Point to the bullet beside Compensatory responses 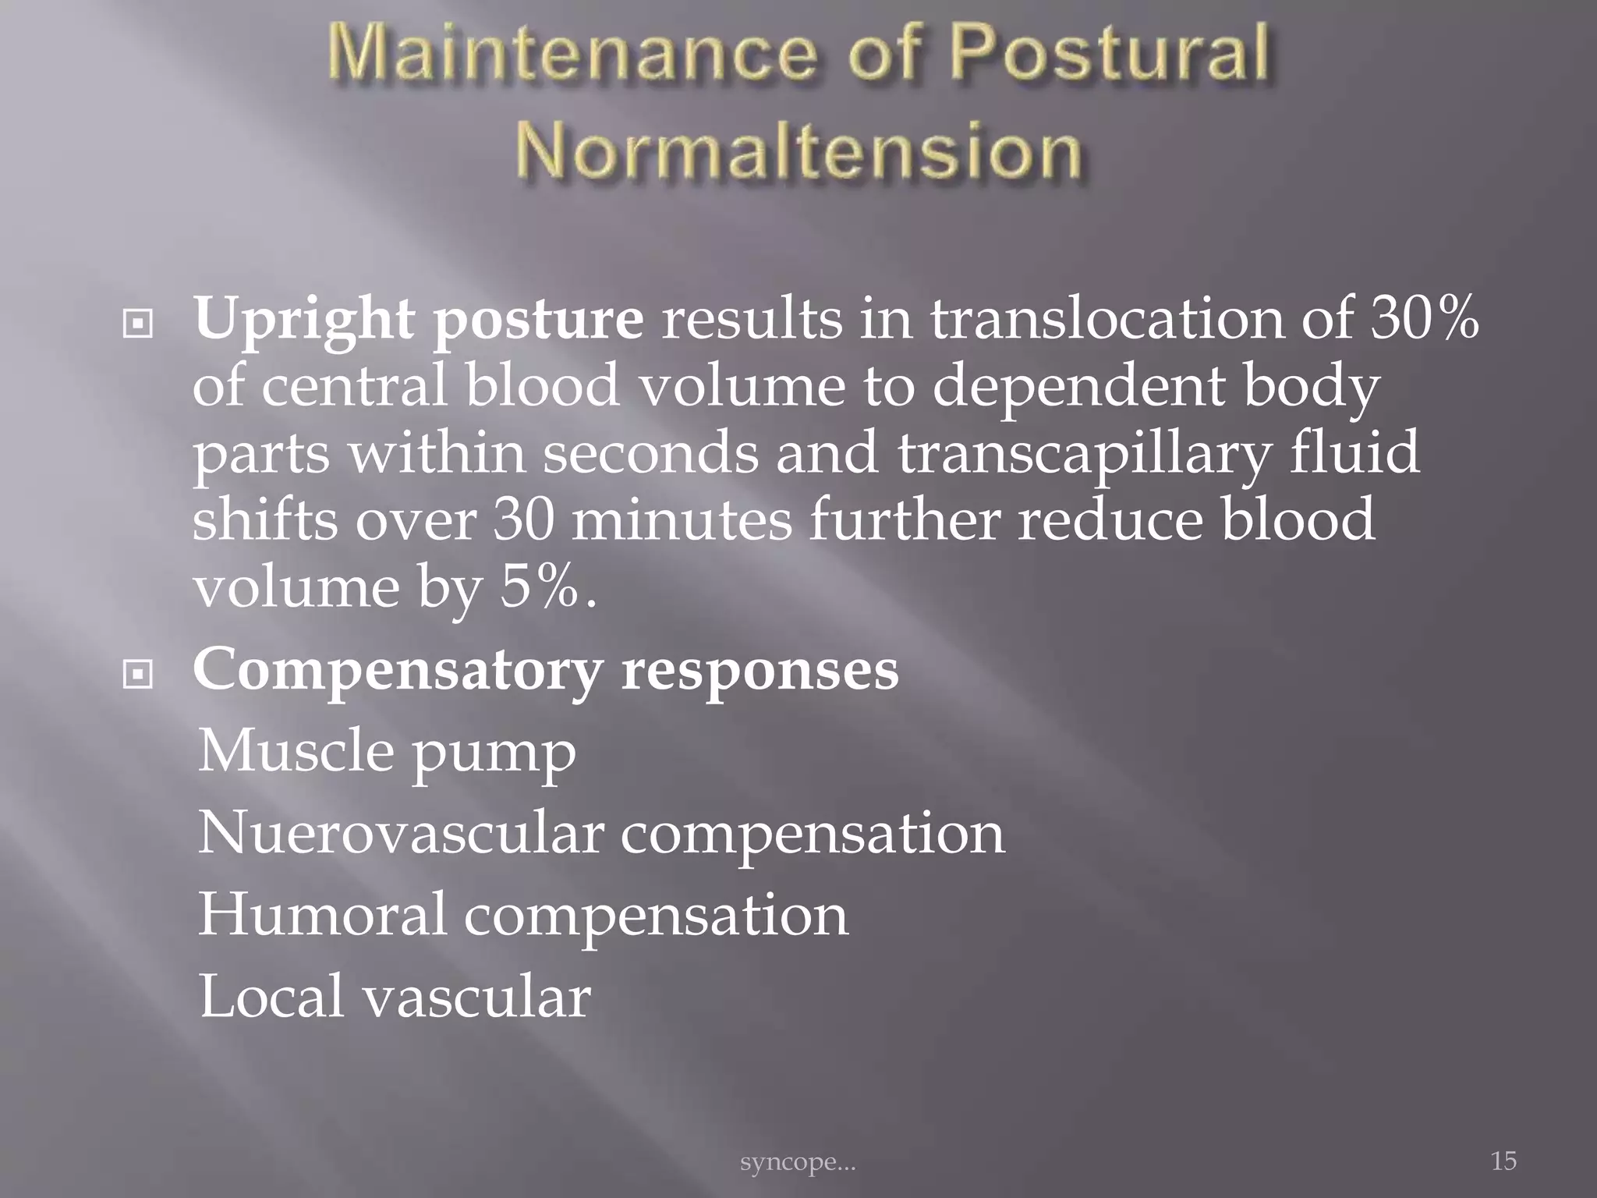(x=138, y=675)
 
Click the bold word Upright (x=304, y=320)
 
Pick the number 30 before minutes (x=523, y=520)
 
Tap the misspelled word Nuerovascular (x=401, y=833)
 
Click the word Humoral (x=323, y=915)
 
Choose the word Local (x=271, y=997)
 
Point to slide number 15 (x=1503, y=1161)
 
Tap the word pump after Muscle (x=494, y=753)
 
